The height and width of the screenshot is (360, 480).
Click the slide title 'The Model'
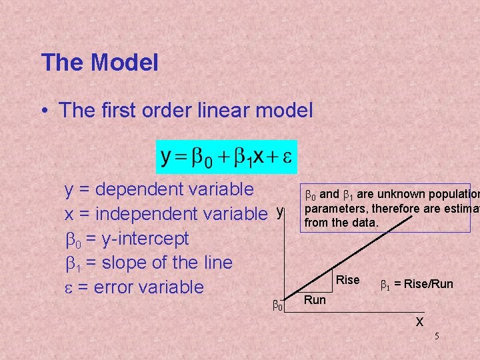tap(99, 63)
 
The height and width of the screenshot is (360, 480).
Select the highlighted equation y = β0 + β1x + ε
tap(227, 157)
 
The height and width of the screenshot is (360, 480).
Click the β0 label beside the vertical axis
tap(278, 305)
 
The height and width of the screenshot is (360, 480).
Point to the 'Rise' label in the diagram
tap(347, 280)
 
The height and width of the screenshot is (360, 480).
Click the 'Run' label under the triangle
tap(315, 300)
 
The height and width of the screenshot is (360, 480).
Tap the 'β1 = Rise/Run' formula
tap(416, 284)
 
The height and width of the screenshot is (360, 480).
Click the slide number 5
tap(437, 336)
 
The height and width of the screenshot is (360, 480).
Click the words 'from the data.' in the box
tap(341, 222)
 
